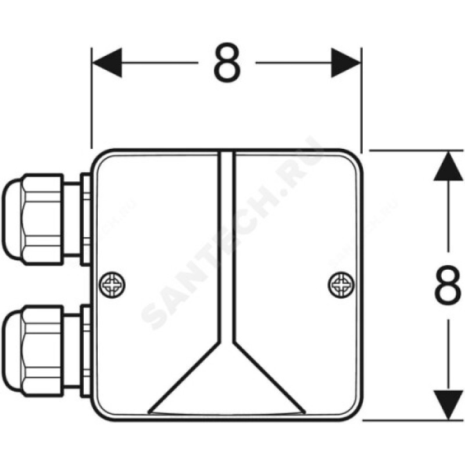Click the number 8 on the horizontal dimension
click(227, 63)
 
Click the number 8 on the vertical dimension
click(448, 285)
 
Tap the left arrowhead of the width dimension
click(107, 63)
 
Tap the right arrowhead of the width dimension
click(346, 63)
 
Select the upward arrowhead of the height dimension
click(448, 166)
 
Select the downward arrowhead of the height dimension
click(448, 405)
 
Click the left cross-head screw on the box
click(111, 284)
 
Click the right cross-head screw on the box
click(341, 284)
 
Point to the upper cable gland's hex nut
click(42, 219)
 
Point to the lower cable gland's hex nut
click(42, 351)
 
